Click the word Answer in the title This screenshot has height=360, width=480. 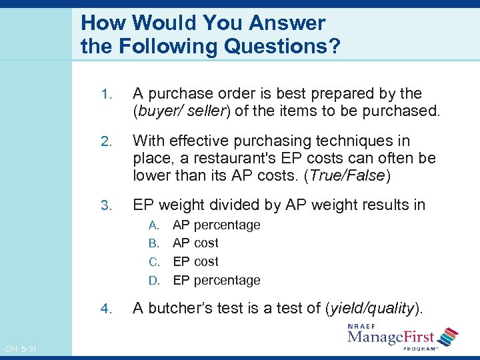287,23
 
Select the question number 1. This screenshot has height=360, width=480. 105,94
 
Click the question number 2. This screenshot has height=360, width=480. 105,141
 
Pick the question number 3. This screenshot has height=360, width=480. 105,205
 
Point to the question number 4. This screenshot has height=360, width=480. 105,308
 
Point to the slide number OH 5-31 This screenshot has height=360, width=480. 20,349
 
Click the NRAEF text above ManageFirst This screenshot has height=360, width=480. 363,326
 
